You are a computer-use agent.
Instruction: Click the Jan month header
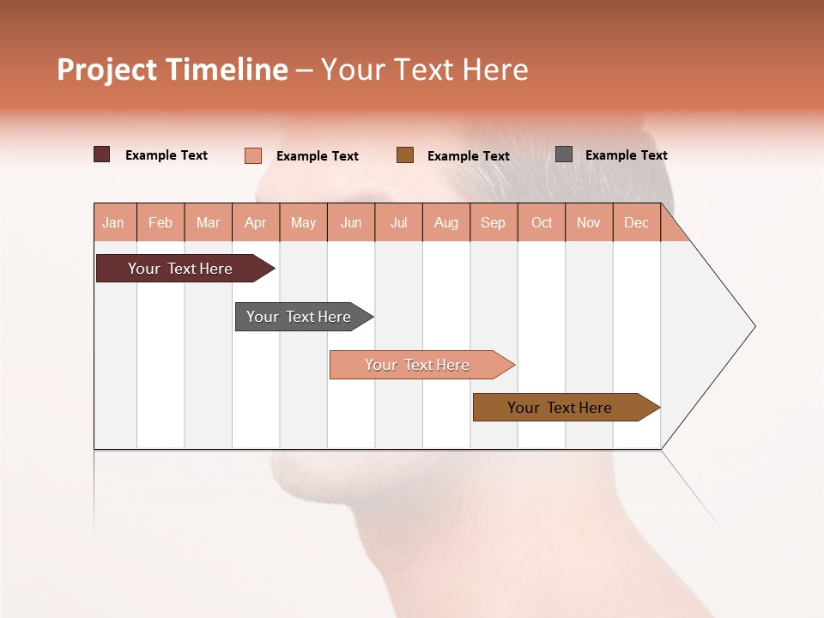click(x=114, y=222)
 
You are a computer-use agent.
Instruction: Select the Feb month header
click(x=161, y=222)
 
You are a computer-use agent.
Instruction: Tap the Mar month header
click(x=208, y=222)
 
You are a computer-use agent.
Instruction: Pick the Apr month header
click(x=256, y=222)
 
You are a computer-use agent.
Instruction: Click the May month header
click(x=303, y=222)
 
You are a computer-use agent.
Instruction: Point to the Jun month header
click(x=351, y=222)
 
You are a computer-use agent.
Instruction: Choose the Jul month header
click(x=398, y=222)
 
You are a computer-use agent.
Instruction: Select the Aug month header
click(x=446, y=222)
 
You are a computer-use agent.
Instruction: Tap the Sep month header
click(x=494, y=222)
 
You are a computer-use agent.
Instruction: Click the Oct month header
click(x=542, y=222)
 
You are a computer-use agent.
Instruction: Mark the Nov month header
click(x=589, y=222)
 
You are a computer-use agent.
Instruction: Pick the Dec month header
click(x=637, y=222)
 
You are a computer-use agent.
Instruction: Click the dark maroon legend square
click(x=102, y=154)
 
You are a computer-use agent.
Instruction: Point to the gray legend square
click(x=564, y=154)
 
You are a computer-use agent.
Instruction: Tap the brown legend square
click(x=405, y=154)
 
